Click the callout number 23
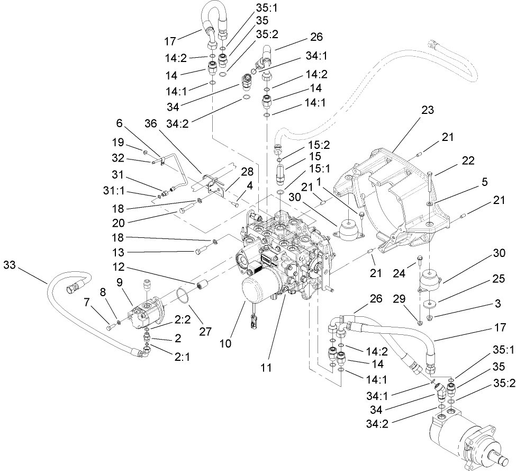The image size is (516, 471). coord(428,111)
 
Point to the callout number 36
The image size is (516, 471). coord(151,123)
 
